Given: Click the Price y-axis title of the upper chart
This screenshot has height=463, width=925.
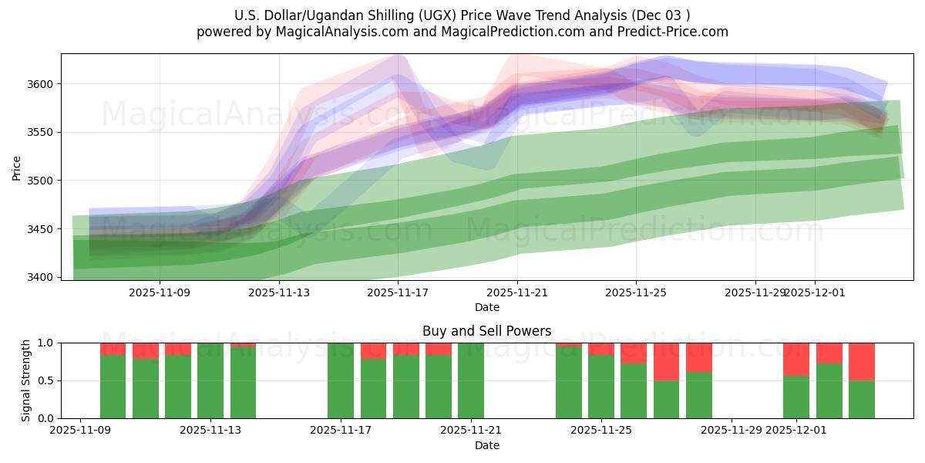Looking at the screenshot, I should [16, 167].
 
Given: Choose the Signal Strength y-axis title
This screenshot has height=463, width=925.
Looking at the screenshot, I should [26, 380].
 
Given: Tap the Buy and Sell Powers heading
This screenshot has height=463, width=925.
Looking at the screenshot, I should [486, 331].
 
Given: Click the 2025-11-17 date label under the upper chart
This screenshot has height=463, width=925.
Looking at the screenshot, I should [398, 292].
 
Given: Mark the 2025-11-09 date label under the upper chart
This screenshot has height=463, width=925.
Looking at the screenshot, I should [160, 292].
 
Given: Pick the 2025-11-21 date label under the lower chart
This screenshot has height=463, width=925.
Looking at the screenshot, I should [471, 430].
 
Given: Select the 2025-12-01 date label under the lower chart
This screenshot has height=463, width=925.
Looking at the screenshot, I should [796, 430].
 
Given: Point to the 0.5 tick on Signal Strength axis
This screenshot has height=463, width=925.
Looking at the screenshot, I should [45, 380].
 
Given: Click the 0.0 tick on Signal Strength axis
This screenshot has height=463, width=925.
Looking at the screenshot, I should [45, 418].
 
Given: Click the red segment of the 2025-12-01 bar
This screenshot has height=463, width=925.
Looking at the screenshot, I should [796, 359].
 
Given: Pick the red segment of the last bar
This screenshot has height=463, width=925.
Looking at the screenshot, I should [862, 361].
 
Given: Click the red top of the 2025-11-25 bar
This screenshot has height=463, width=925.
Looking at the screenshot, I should [601, 349].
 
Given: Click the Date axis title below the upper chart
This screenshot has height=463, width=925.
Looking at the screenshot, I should [486, 307].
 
